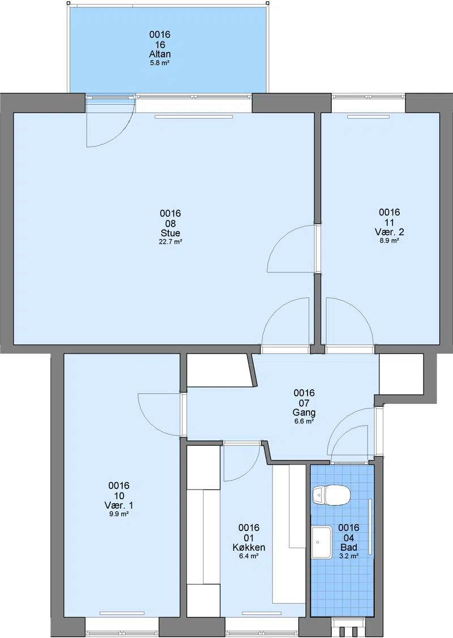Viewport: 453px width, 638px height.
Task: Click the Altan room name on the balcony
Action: (160, 54)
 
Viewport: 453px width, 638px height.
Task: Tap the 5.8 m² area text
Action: (160, 63)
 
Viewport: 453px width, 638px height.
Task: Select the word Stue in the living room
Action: (170, 233)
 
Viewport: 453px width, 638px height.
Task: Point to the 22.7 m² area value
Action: (170, 242)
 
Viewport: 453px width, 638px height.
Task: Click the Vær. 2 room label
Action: (389, 232)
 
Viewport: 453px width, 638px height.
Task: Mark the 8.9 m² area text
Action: (389, 240)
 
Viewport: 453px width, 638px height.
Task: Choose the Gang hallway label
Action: (304, 412)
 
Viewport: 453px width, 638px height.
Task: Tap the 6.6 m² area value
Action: (304, 422)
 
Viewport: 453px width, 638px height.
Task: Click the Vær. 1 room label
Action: (119, 505)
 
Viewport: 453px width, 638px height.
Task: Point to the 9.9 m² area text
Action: (119, 514)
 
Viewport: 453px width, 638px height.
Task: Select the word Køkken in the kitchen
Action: (249, 547)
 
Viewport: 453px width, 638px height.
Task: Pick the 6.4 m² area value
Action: (249, 556)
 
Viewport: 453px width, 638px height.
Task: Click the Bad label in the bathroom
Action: (349, 547)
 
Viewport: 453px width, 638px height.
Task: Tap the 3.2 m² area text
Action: (349, 556)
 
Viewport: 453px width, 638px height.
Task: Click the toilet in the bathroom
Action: (331, 495)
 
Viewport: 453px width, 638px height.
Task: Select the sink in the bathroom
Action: (322, 542)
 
